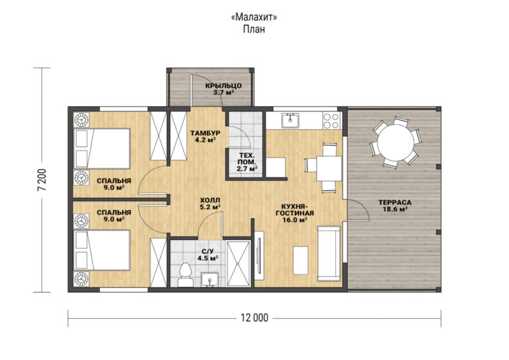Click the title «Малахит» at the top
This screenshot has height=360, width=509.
click(254, 17)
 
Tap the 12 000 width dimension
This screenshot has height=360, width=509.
click(254, 318)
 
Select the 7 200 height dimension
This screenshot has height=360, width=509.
click(42, 180)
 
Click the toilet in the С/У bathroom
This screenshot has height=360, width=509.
click(185, 274)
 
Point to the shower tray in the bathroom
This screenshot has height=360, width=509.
click(239, 264)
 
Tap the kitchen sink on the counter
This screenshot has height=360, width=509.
click(290, 121)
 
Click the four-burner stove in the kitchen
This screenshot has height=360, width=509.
click(331, 121)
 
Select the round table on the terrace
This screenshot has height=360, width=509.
click(396, 142)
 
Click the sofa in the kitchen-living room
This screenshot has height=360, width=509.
click(329, 253)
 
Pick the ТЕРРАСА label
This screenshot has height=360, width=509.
click(395, 203)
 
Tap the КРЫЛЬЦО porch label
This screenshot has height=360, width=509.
click(223, 86)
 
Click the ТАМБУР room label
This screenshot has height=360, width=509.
click(205, 133)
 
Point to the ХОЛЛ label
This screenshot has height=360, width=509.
click(210, 200)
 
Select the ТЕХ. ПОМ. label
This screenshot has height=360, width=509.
click(247, 158)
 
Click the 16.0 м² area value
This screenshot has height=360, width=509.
click(294, 220)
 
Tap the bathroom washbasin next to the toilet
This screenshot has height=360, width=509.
click(209, 280)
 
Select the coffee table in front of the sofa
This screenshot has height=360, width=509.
click(301, 260)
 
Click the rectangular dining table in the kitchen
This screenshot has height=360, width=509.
click(329, 168)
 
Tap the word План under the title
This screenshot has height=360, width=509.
click(254, 29)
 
